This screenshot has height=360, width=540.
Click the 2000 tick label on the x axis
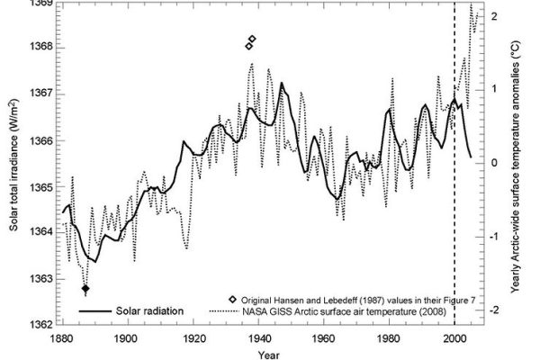[454, 336]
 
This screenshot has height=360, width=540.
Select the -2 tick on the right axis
[497, 310]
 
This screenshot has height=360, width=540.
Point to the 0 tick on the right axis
[497, 163]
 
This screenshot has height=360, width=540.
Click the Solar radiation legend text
[149, 310]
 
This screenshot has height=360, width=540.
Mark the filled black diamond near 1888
[85, 289]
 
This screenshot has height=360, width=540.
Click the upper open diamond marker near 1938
[252, 39]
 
